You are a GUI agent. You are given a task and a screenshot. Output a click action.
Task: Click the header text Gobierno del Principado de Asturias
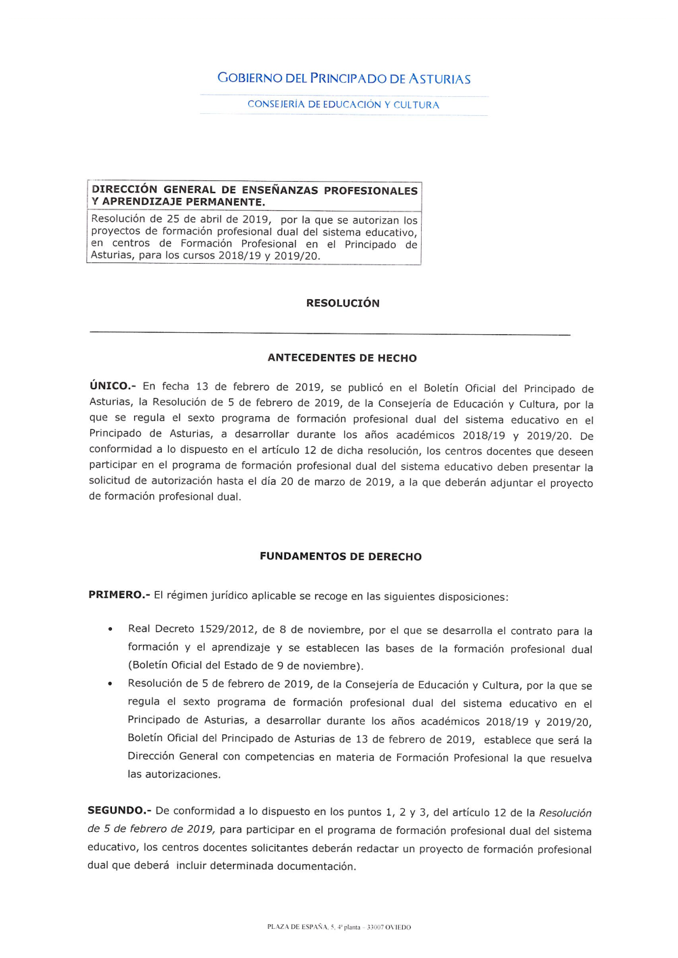(344, 79)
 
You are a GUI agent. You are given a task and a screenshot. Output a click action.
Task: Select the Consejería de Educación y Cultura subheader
(343, 104)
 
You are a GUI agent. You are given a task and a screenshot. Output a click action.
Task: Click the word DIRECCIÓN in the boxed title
(124, 190)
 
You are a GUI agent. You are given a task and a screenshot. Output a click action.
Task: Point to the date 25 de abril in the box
(191, 219)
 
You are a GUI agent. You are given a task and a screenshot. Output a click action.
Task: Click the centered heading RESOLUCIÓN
(343, 303)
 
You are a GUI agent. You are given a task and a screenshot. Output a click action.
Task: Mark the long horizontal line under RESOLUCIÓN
(330, 334)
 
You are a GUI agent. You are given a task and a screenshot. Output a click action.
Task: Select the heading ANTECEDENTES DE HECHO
(342, 358)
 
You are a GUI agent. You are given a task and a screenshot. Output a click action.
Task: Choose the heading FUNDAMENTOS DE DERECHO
(341, 557)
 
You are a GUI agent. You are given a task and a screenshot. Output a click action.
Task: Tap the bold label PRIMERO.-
(119, 595)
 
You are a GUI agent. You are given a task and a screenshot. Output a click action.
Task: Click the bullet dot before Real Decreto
(110, 630)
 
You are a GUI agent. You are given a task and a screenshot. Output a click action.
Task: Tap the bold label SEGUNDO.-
(119, 811)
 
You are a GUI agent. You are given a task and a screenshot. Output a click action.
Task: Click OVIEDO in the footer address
(398, 927)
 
